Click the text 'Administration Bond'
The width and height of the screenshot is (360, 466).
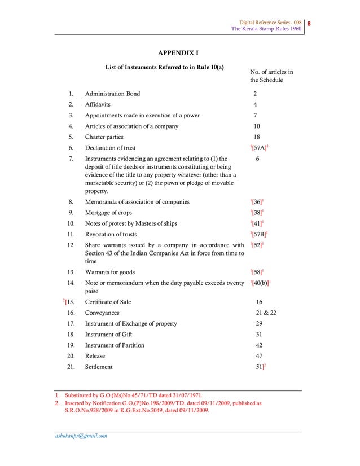point(112,94)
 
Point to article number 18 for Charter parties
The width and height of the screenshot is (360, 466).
point(256,137)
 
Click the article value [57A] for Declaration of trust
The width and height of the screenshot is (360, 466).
point(259,148)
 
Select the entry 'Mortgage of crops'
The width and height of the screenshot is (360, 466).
point(110,213)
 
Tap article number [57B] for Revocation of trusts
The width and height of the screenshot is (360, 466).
point(259,234)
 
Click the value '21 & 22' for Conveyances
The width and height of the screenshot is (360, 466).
point(266,313)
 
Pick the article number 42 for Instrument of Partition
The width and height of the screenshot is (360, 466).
point(259,345)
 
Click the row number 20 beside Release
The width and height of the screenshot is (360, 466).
point(71,356)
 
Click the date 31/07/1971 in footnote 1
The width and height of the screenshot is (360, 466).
point(185,395)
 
